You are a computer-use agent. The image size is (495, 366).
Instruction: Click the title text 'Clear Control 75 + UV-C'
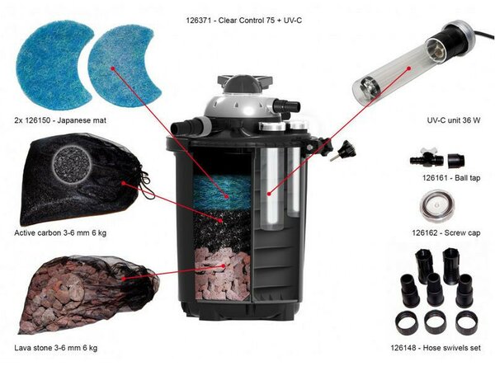tap(260, 21)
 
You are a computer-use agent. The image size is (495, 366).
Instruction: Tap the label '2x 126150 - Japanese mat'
tap(60, 120)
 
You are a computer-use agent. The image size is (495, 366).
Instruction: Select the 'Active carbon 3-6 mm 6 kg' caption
tap(60, 232)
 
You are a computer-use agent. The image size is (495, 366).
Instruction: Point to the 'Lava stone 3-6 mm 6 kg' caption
tap(56, 348)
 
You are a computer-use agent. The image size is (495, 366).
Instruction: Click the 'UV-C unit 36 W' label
tap(454, 120)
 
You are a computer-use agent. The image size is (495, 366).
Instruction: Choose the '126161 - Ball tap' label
tap(451, 178)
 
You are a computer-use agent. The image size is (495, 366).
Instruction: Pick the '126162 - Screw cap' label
tap(446, 232)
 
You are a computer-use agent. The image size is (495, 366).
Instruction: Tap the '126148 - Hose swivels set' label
tap(436, 348)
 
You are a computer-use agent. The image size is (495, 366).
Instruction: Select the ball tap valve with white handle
tap(427, 159)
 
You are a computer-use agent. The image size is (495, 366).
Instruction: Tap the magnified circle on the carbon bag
tap(73, 164)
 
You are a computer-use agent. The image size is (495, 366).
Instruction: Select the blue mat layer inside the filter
tap(222, 192)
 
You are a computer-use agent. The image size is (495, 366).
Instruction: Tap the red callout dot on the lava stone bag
tap(124, 279)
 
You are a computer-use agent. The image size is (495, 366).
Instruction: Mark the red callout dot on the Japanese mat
tap(113, 68)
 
